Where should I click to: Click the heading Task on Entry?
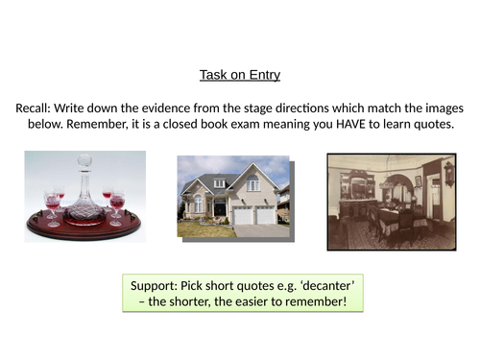(239, 75)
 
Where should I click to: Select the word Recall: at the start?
(40, 109)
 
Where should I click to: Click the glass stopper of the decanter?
(83, 161)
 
